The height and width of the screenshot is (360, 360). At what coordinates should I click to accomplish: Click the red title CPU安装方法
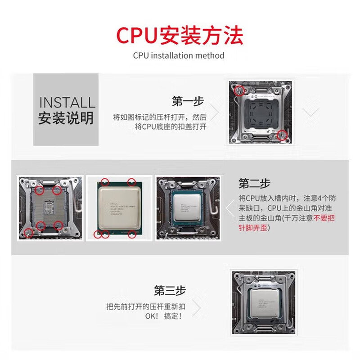tap(180, 35)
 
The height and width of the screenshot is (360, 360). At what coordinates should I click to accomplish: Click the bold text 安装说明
tap(66, 118)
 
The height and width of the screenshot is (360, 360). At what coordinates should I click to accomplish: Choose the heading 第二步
tap(255, 183)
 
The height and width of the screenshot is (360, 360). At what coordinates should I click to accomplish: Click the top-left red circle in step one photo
tap(238, 90)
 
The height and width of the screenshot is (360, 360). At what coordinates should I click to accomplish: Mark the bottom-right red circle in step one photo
tap(282, 133)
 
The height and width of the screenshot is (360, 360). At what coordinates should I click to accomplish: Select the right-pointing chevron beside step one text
tap(215, 112)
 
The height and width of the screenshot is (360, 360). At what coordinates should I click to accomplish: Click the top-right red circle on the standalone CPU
tap(132, 182)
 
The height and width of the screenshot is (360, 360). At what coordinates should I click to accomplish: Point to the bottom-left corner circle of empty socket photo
tap(29, 232)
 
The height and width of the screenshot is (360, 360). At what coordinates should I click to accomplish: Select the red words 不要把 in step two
tap(323, 218)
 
